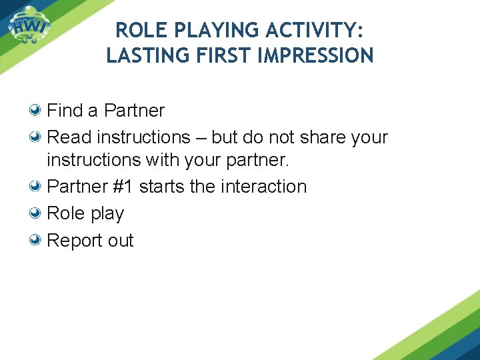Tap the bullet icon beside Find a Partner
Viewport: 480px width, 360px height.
coord(37,110)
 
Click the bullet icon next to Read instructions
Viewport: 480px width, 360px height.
coord(37,137)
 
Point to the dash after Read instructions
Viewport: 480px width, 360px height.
coord(201,138)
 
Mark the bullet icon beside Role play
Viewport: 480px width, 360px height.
coord(37,213)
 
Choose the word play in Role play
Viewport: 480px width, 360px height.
coord(107,214)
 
